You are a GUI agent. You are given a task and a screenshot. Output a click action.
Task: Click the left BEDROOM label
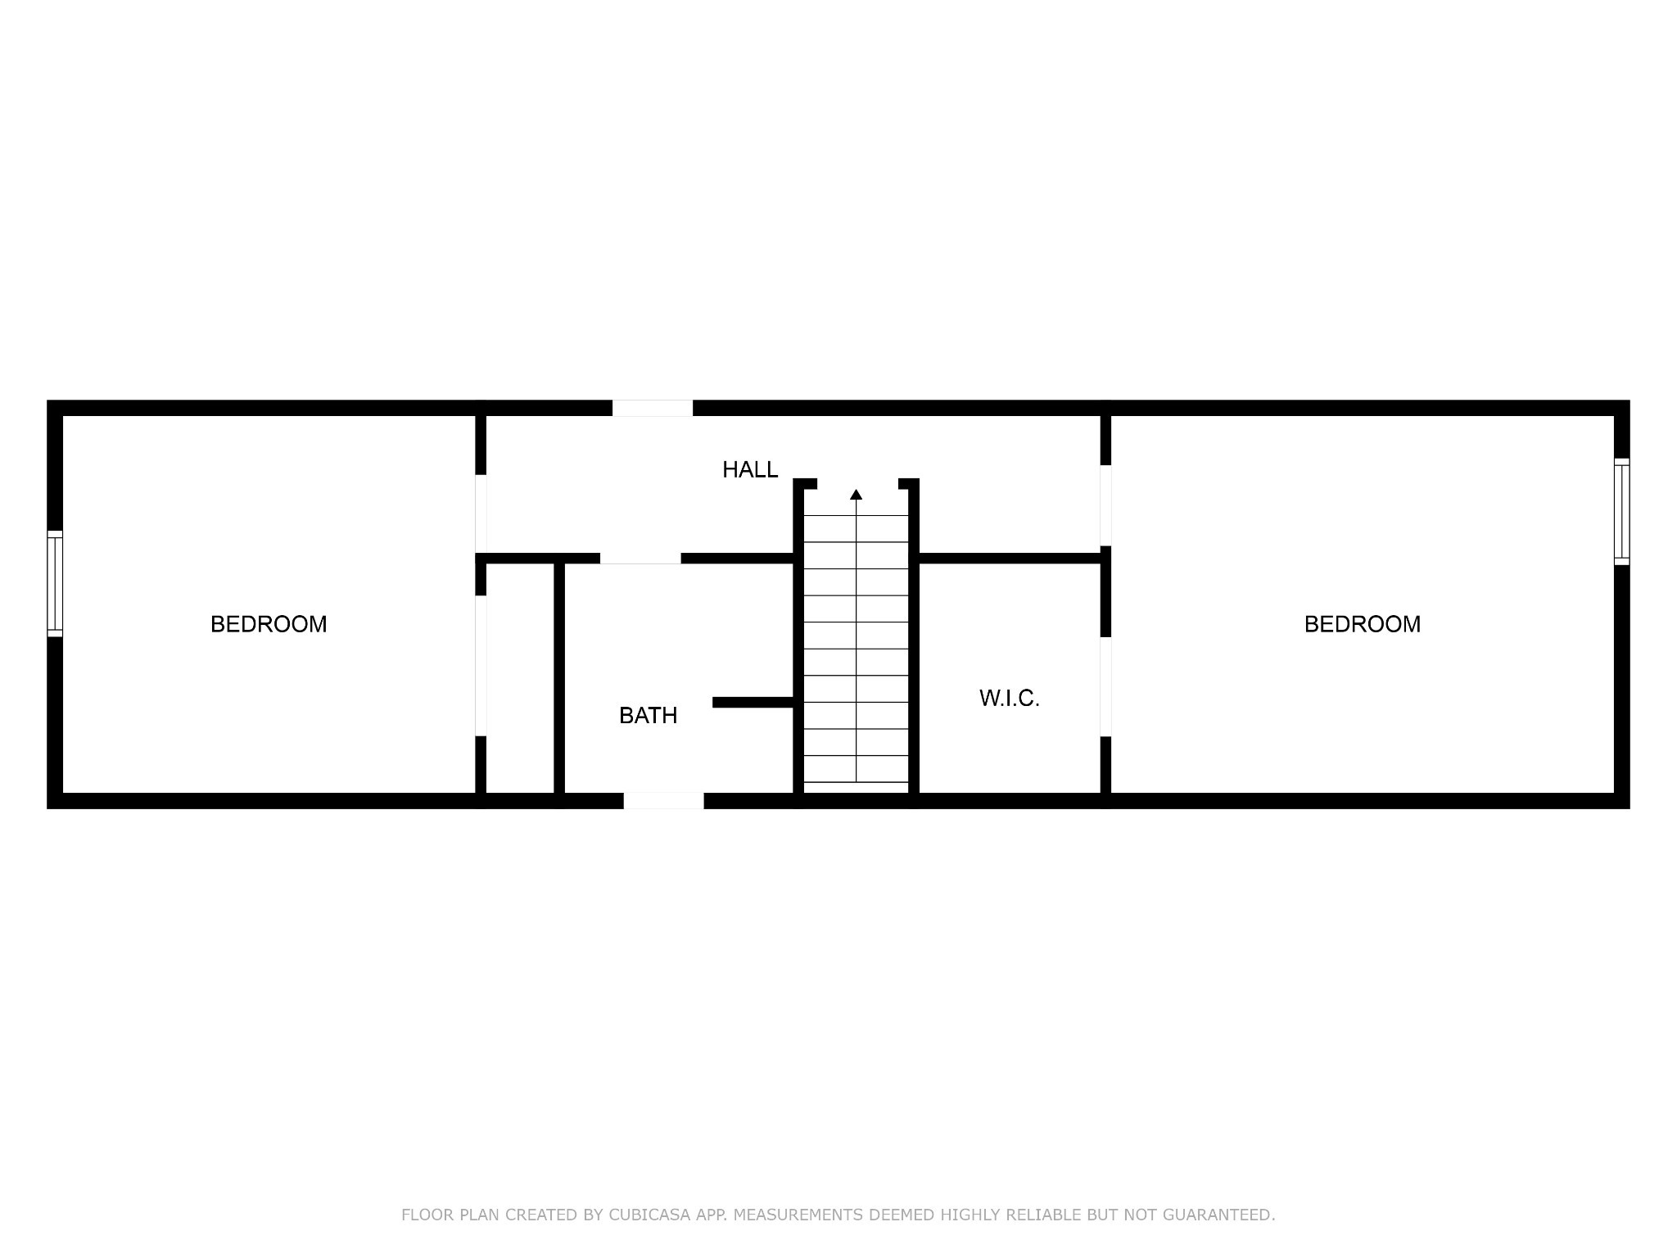point(269,624)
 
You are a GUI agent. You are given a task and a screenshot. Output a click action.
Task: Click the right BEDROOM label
point(1363,624)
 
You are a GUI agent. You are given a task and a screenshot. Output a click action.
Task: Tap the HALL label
point(750,469)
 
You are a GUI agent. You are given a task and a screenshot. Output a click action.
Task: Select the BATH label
point(649,716)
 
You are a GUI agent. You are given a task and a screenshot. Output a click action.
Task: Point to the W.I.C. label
point(1010,699)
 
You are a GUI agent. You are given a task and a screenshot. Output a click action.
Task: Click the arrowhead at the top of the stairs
point(857,494)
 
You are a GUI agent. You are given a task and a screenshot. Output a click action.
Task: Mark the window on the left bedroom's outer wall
point(55,583)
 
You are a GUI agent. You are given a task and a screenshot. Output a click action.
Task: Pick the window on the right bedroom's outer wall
point(1622,512)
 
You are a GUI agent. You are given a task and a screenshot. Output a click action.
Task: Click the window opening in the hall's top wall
point(653,408)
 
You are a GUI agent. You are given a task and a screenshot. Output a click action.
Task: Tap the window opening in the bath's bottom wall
point(664,801)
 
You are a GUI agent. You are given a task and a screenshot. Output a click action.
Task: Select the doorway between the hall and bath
point(640,559)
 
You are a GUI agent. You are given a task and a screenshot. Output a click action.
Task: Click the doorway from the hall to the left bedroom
point(481,514)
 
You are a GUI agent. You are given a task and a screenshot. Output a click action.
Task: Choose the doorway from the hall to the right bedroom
point(1105,505)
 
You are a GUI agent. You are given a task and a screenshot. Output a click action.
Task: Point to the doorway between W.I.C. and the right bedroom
point(1105,686)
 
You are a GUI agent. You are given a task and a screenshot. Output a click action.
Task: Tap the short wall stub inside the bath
point(753,702)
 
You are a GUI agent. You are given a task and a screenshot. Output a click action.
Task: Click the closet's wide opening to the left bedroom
point(481,665)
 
